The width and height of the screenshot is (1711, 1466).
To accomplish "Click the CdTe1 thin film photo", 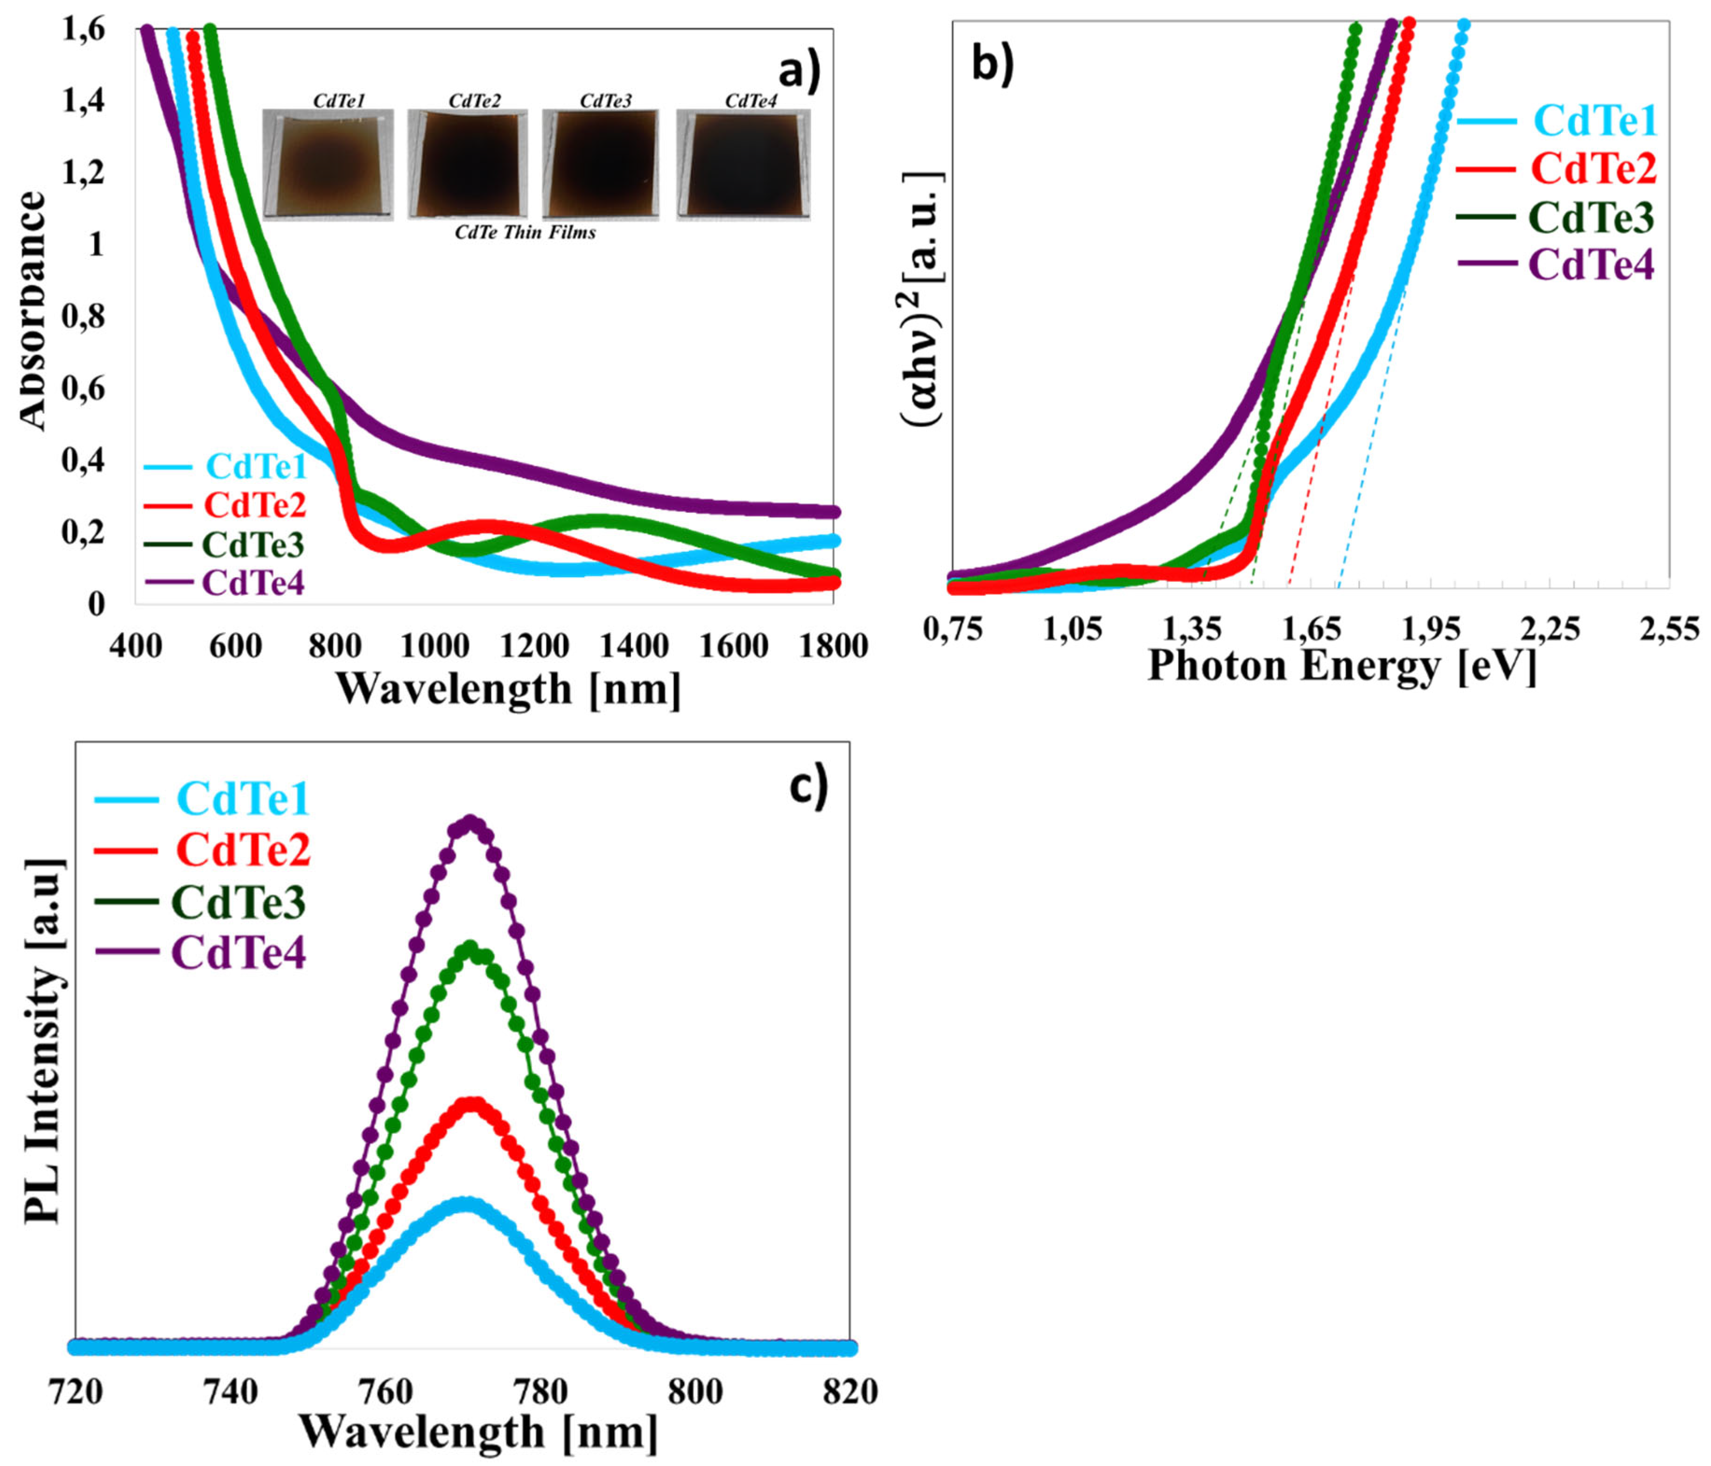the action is (x=328, y=165).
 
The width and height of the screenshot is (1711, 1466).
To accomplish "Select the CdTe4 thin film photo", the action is (x=743, y=165).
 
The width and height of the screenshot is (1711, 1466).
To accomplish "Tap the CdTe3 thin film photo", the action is (x=600, y=165).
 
